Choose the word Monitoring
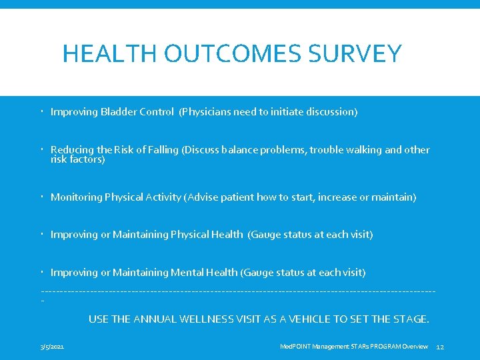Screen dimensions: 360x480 tap(76, 197)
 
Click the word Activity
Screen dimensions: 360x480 tap(164, 197)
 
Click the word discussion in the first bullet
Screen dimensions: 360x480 tap(331, 112)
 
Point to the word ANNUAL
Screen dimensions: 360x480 tap(156, 319)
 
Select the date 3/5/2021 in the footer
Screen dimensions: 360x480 tap(53, 347)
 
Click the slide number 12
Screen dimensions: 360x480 tap(439, 347)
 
